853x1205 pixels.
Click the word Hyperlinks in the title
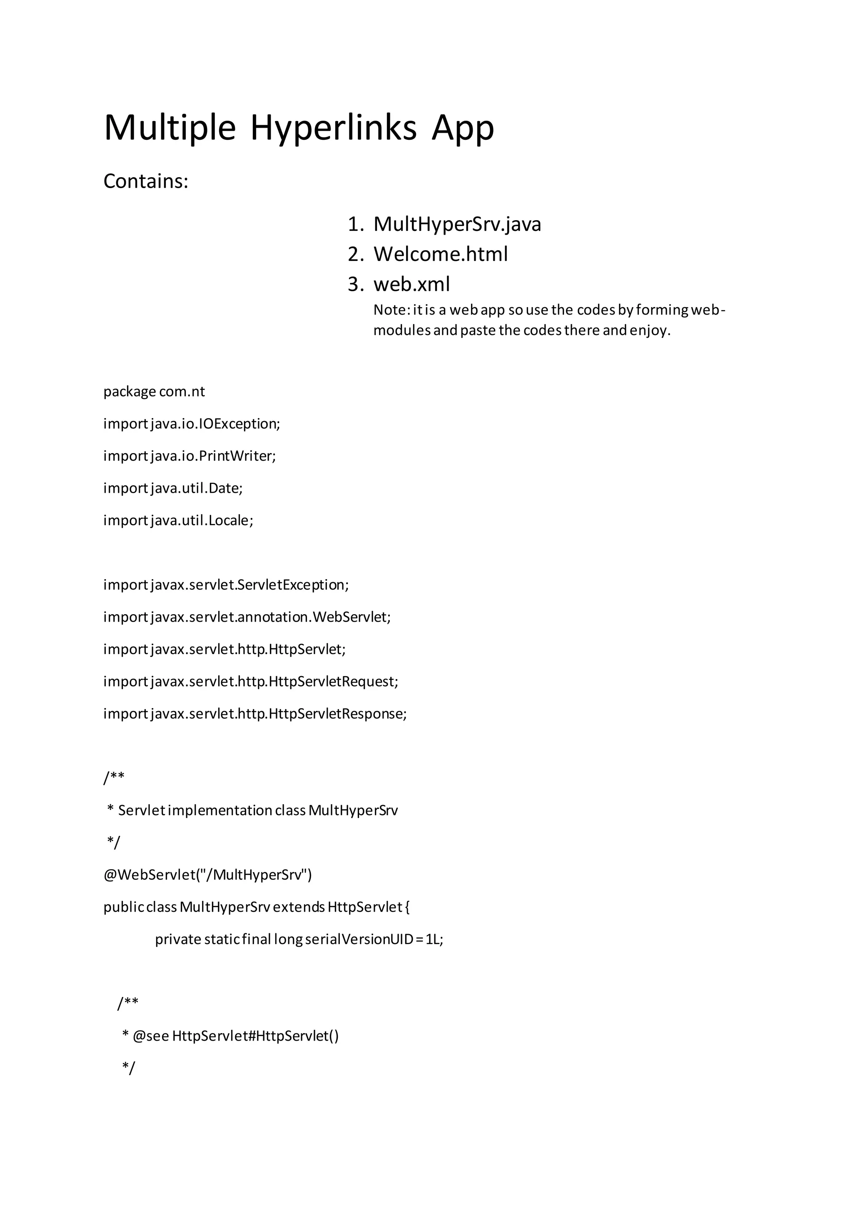click(333, 128)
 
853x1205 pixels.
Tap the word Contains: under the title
click(145, 181)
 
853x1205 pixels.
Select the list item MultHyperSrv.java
click(457, 224)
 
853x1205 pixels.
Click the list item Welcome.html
click(441, 254)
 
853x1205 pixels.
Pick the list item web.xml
click(411, 284)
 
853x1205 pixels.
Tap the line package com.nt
click(154, 392)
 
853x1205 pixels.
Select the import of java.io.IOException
click(192, 424)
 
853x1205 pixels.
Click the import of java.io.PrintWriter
click(190, 456)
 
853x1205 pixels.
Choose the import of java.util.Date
click(173, 488)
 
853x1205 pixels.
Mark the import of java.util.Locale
click(178, 520)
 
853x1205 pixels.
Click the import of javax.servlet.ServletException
click(226, 585)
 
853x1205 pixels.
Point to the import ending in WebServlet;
click(247, 617)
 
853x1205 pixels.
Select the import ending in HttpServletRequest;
click(251, 681)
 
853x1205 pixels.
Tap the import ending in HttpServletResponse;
click(255, 713)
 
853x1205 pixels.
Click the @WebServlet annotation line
click(207, 874)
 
